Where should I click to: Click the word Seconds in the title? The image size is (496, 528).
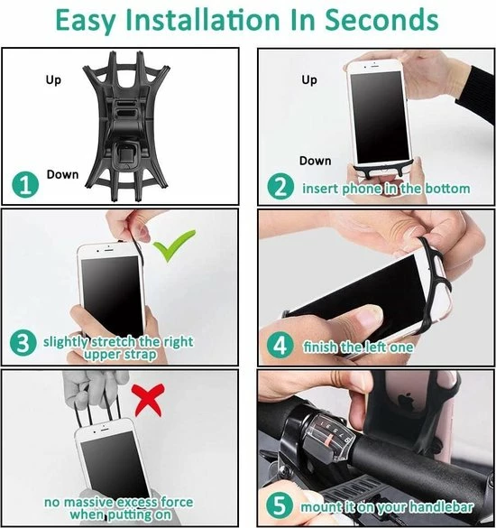click(x=381, y=20)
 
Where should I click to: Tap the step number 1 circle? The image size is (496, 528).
click(x=25, y=185)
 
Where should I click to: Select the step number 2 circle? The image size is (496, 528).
click(x=281, y=186)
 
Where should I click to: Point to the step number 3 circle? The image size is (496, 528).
click(x=23, y=343)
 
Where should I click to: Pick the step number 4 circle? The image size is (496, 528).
click(x=280, y=345)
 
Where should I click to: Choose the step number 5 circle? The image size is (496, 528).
click(x=280, y=505)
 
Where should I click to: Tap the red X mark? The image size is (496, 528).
click(x=148, y=400)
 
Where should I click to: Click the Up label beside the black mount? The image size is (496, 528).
click(x=53, y=80)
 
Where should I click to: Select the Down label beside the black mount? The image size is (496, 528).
click(x=62, y=174)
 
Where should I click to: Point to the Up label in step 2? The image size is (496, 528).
click(x=309, y=80)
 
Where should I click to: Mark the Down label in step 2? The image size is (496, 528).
click(x=316, y=161)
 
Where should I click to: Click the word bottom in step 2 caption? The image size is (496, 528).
click(x=448, y=189)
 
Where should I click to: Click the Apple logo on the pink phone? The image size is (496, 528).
click(x=406, y=400)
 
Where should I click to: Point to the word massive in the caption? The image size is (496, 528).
click(x=88, y=502)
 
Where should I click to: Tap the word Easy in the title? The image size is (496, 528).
click(x=85, y=21)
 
